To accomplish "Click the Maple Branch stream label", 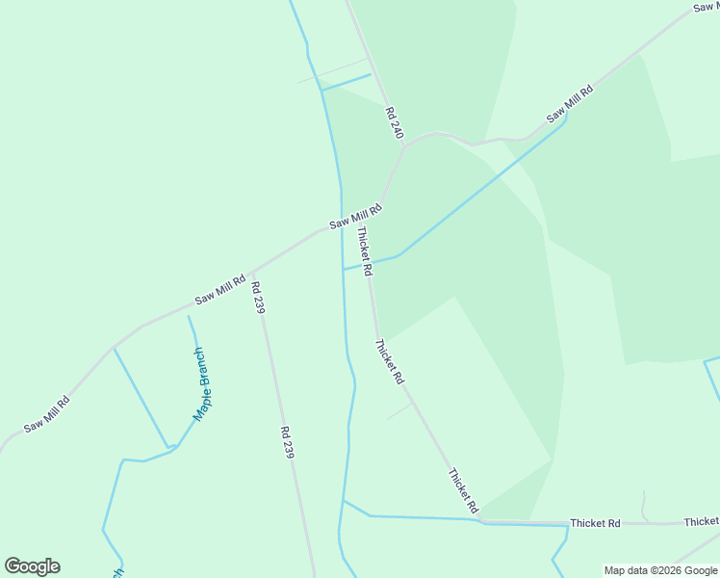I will pyautogui.click(x=204, y=384).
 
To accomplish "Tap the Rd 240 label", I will pyautogui.click(x=394, y=123).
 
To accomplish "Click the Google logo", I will pyautogui.click(x=32, y=566).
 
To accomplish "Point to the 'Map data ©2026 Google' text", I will pyautogui.click(x=661, y=570).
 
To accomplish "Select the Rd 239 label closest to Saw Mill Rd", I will pyautogui.click(x=258, y=297).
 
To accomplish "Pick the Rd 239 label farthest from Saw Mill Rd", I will pyautogui.click(x=286, y=442).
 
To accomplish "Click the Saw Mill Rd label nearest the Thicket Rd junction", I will pyautogui.click(x=356, y=216).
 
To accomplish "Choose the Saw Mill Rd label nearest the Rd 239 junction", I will pyautogui.click(x=220, y=285).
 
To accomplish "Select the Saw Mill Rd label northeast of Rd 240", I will pyautogui.click(x=570, y=104).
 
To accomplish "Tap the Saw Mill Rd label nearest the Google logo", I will pyautogui.click(x=46, y=412).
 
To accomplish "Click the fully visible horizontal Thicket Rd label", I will pyautogui.click(x=595, y=523).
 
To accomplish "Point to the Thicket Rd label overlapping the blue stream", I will pyautogui.click(x=363, y=250).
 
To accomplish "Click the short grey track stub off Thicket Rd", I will pyautogui.click(x=399, y=411).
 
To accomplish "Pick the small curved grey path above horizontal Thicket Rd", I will pyautogui.click(x=644, y=505).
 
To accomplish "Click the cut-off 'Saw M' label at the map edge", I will pyautogui.click(x=706, y=7).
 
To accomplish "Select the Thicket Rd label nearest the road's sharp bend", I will pyautogui.click(x=463, y=490).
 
